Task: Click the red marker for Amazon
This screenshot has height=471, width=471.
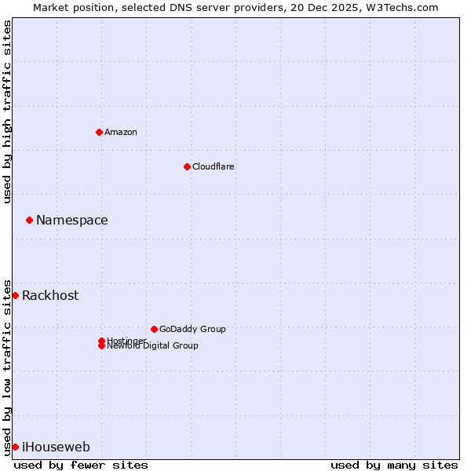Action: point(99,132)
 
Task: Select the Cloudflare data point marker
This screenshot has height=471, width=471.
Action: point(187,166)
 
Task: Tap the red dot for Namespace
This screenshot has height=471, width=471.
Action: point(29,221)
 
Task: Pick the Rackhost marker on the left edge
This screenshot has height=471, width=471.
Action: point(15,295)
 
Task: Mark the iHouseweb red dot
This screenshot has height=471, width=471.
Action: point(15,447)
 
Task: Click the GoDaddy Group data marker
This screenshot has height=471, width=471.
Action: point(154,329)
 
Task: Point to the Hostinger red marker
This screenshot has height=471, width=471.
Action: point(101,341)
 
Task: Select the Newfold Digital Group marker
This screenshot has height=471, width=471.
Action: point(101,346)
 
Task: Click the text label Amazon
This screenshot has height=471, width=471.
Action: point(121,132)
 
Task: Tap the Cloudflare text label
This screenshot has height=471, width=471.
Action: point(214,166)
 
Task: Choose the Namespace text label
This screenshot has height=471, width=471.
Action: point(72,221)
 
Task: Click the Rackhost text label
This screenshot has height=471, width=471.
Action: point(50,296)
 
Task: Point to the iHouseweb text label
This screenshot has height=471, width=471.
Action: point(56,447)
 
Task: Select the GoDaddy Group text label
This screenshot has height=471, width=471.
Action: point(192,329)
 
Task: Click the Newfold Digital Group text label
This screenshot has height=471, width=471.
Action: point(152,346)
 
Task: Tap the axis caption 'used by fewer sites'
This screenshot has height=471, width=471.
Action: point(81,465)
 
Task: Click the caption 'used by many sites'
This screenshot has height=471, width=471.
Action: point(394,465)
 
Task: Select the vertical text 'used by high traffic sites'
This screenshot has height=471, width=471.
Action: point(7,112)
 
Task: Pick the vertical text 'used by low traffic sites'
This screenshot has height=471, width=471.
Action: point(7,367)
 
